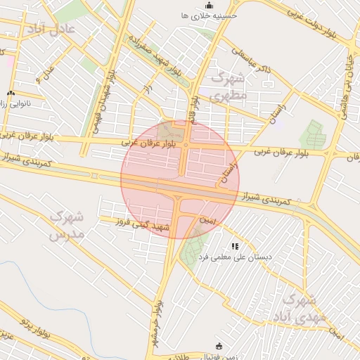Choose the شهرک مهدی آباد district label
304,309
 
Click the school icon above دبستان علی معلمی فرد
235,247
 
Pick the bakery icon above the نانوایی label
11,94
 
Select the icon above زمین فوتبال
219,346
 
